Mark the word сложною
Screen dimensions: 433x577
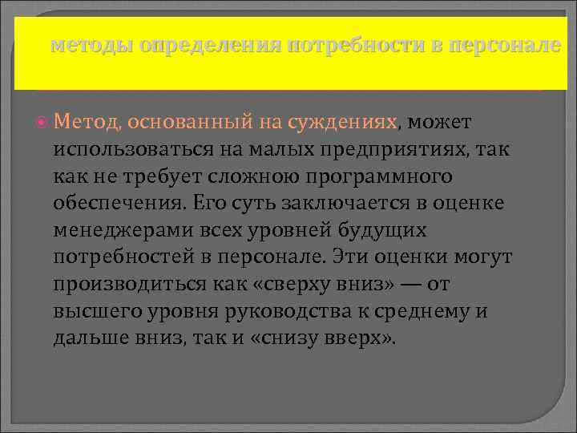(x=264, y=176)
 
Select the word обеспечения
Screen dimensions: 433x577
(x=117, y=203)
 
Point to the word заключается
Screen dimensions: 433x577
(x=351, y=203)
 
